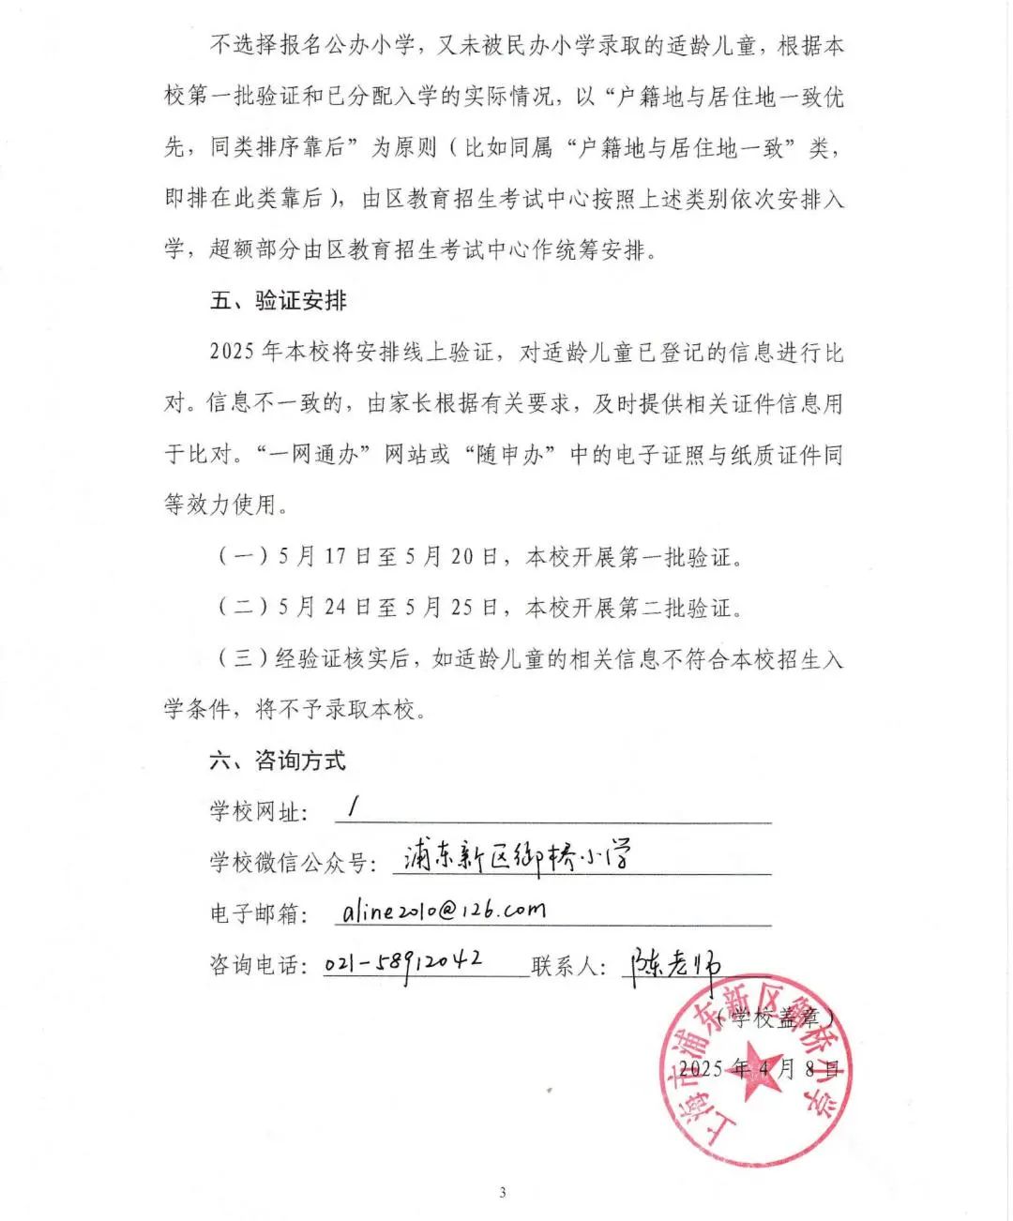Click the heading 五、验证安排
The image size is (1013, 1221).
point(279,301)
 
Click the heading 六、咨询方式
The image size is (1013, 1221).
point(278,760)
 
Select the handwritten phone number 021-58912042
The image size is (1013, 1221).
point(404,962)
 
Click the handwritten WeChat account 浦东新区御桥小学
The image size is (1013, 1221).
point(517,857)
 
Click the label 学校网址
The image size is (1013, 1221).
point(259,811)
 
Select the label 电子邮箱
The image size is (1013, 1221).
point(259,913)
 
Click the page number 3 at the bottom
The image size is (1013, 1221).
point(503,1193)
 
